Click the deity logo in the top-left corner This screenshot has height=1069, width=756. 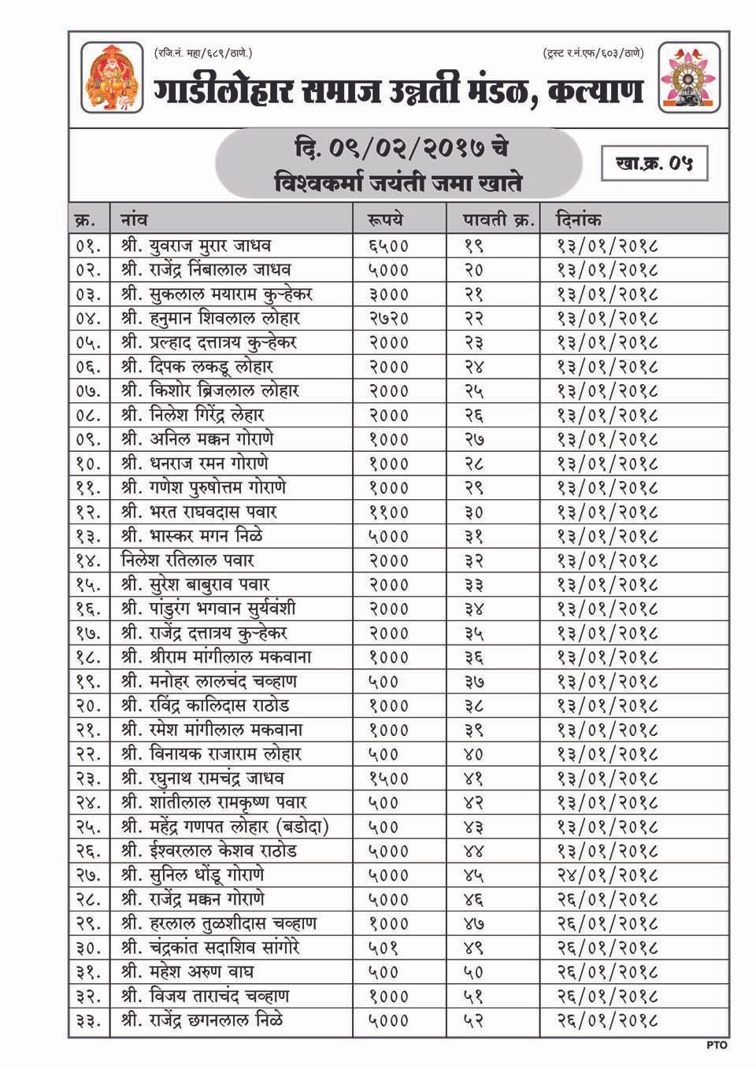click(113, 78)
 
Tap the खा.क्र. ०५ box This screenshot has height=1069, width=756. click(654, 164)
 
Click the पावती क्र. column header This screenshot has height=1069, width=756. click(498, 220)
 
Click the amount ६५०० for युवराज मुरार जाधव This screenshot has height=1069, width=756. click(388, 246)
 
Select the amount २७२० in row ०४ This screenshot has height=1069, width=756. click(388, 319)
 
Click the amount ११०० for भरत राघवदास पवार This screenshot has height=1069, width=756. click(388, 512)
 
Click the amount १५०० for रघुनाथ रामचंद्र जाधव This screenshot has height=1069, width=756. click(388, 779)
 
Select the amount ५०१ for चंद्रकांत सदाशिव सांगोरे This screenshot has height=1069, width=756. click(384, 948)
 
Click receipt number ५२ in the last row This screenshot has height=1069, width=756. click(476, 1021)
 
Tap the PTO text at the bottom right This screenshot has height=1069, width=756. click(717, 1046)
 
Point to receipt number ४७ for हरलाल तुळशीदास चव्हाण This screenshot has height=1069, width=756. click(476, 923)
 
